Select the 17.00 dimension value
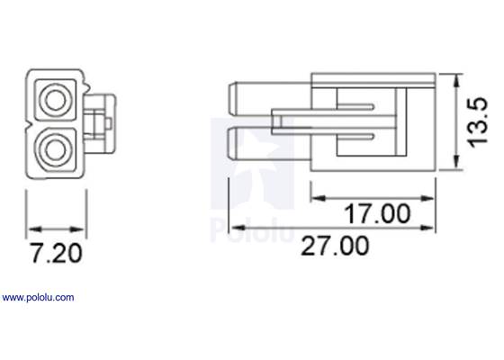(374, 215)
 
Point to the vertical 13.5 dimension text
(483, 124)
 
